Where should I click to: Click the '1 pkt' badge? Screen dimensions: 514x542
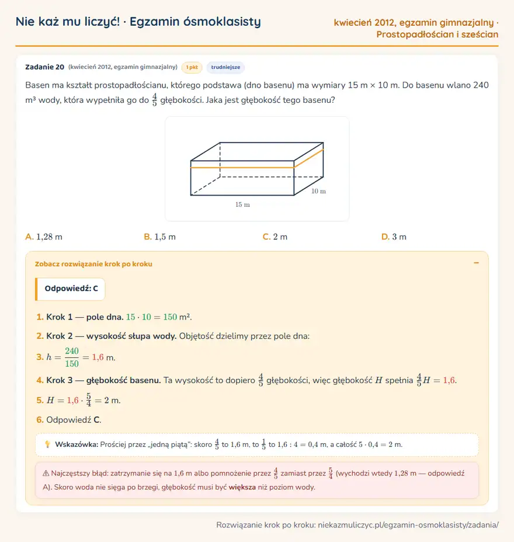192,67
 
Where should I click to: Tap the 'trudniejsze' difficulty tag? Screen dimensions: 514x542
225,67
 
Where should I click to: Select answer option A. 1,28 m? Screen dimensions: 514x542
44,237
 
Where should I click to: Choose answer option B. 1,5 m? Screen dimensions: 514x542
159,237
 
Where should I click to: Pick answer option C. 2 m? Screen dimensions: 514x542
275,237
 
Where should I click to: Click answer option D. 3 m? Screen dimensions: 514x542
394,237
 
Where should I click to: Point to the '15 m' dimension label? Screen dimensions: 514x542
242,204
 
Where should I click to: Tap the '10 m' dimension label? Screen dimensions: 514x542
318,191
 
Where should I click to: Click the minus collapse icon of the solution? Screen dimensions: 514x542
476,263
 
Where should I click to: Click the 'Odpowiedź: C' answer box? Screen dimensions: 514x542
70,289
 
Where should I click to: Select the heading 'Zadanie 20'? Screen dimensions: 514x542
44,67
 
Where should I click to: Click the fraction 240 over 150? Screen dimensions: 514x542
72,357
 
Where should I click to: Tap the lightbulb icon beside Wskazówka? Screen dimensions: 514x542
47,444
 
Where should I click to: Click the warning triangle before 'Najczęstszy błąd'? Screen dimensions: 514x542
46,473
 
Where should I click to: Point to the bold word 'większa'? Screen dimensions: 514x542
242,487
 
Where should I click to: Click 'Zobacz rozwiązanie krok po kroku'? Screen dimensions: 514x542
93,264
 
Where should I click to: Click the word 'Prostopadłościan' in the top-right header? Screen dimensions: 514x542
415,34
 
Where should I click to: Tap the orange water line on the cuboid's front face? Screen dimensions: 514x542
242,168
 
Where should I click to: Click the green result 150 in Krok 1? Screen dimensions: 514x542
170,317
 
